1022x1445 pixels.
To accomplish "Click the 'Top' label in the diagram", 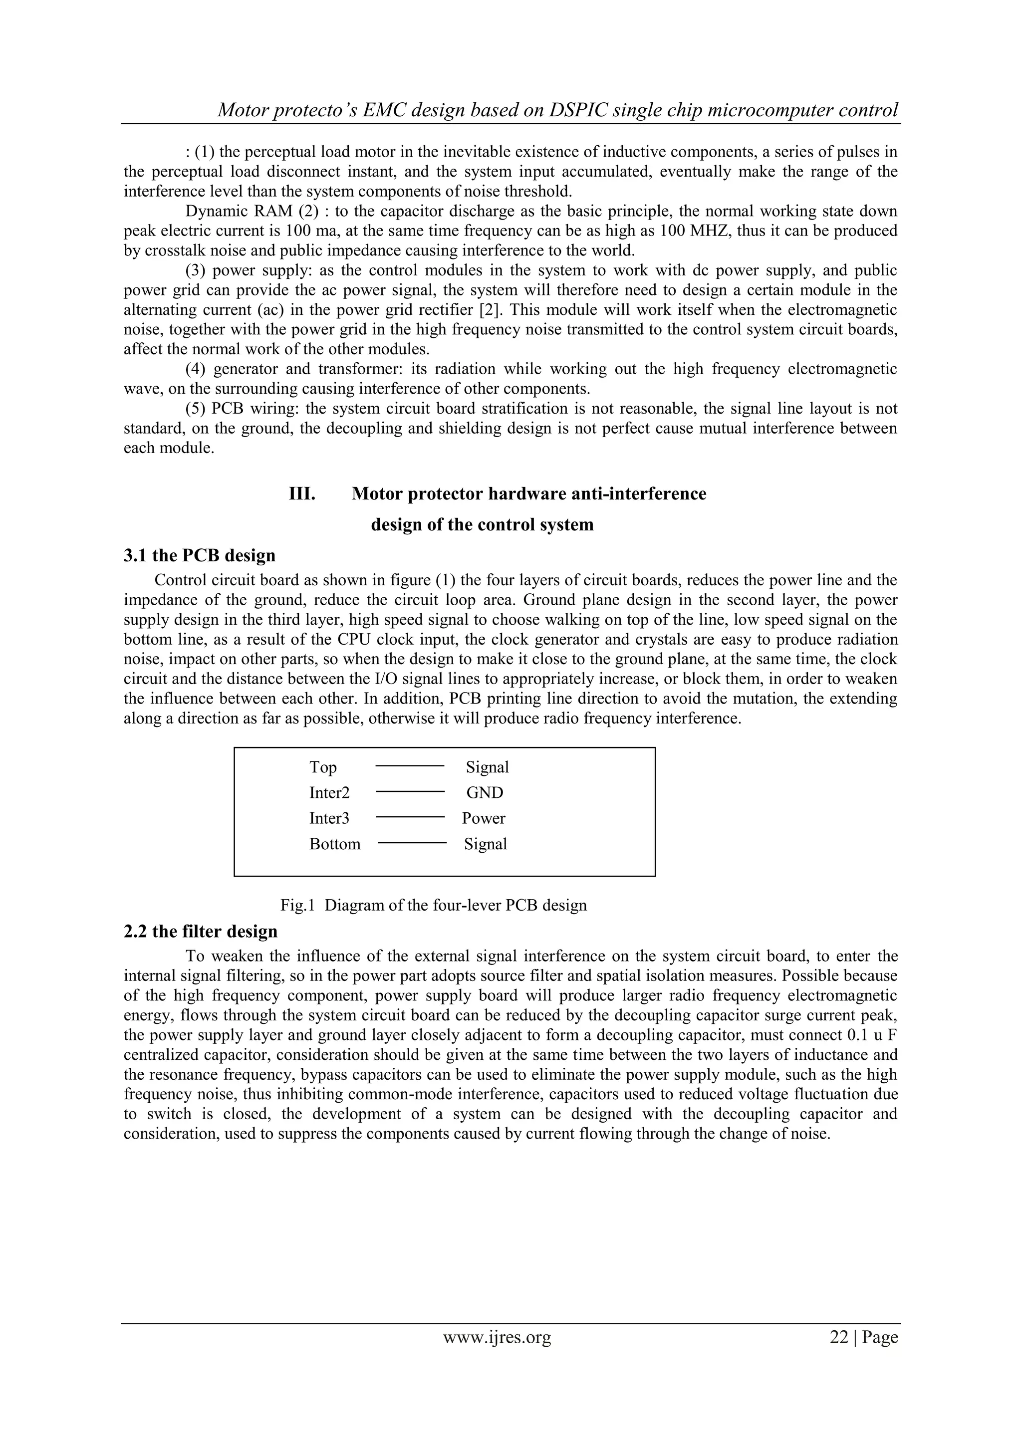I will coord(323,767).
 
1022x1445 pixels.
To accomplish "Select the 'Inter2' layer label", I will coord(329,793).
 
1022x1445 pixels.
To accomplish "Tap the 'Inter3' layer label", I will coord(329,819).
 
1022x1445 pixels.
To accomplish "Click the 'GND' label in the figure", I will coord(485,793).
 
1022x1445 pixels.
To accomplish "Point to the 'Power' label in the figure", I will coord(484,819).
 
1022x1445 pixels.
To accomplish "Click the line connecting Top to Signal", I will coord(410,766).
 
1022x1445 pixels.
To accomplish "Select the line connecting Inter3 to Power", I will coord(410,817).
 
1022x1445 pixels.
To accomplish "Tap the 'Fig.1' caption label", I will coord(297,906).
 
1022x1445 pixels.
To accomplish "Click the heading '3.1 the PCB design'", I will coord(200,556).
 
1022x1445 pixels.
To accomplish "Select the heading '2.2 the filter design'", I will coord(200,932).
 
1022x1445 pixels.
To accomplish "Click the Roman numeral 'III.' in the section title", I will coord(302,494).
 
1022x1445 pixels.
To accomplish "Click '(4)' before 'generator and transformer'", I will coord(196,369).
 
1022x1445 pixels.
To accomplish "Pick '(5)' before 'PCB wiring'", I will coord(196,409).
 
